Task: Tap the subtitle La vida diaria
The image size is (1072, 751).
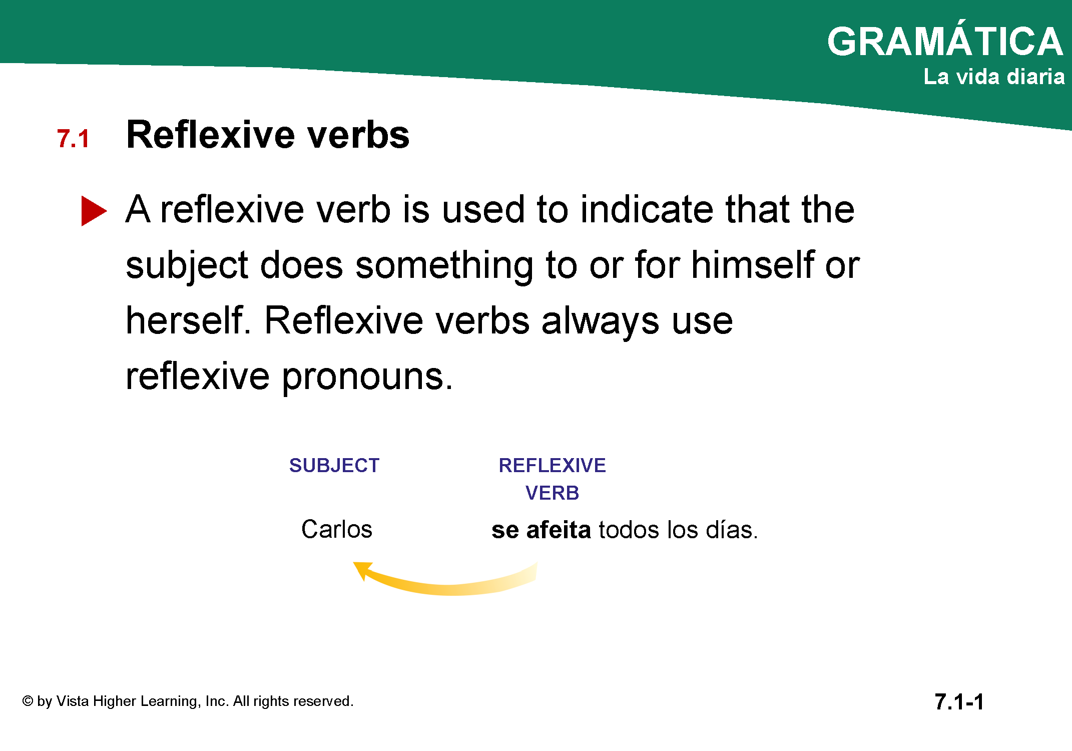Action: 994,77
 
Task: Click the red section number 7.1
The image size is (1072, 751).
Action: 73,139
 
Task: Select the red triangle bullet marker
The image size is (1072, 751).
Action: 94,211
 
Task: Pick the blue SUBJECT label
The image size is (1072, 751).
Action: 334,466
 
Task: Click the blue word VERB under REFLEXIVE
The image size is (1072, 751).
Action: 552,493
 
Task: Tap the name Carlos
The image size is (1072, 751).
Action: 337,529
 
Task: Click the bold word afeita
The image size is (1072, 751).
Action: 559,530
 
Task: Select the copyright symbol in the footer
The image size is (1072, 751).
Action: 28,701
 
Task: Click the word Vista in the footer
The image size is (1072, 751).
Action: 73,701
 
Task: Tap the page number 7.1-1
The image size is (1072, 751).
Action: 959,702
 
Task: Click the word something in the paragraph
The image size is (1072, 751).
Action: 444,266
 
